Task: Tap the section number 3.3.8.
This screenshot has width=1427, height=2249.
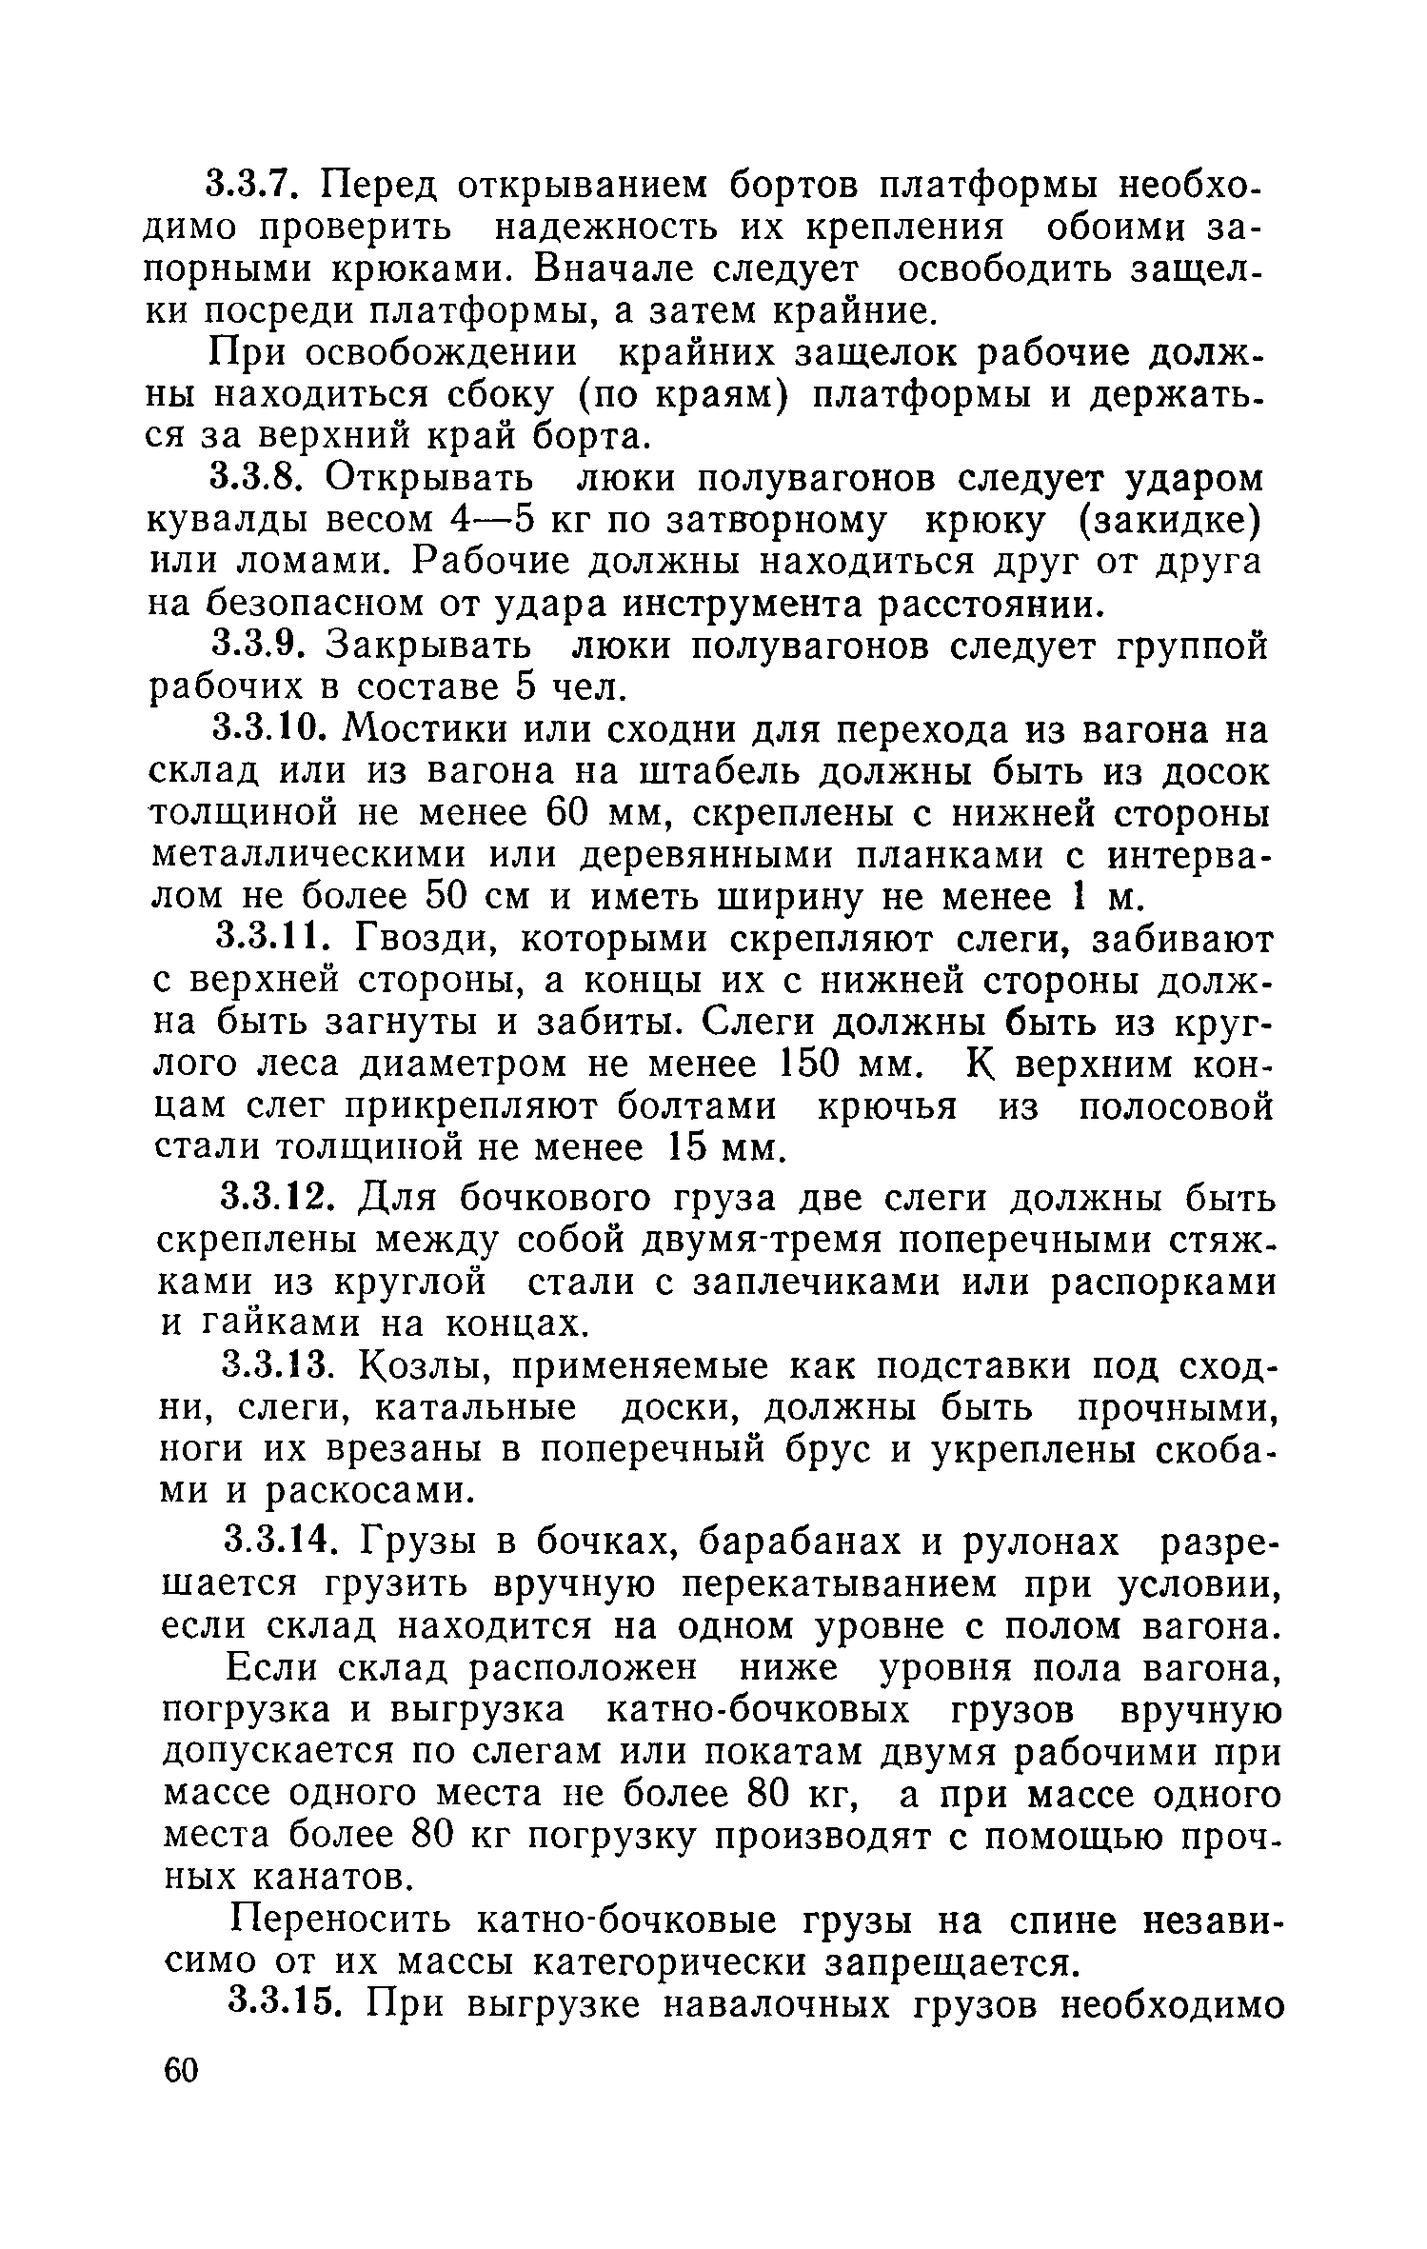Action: point(262,478)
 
